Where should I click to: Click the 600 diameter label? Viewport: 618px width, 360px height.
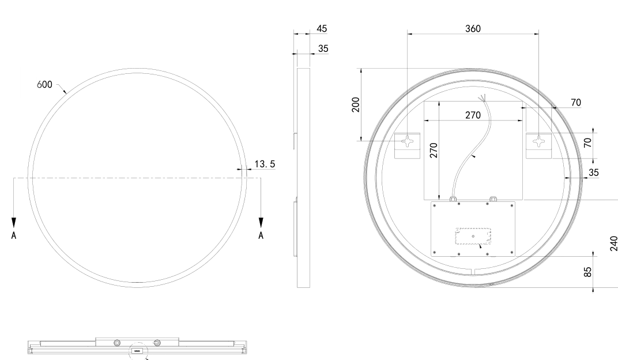pos(44,85)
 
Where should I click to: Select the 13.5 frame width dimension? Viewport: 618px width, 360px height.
pos(265,164)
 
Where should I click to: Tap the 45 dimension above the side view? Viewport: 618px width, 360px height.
pos(322,29)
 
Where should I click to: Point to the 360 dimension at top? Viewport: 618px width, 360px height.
pos(473,29)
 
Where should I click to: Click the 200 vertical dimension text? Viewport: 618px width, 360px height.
pos(356,104)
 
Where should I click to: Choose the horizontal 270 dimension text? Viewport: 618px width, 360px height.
pos(473,115)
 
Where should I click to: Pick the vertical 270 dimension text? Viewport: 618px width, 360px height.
pos(434,150)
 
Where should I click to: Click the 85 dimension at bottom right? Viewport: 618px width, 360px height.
pos(587,272)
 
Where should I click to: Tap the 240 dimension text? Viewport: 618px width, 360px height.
pos(613,243)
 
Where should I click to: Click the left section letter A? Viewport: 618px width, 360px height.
pos(14,235)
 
